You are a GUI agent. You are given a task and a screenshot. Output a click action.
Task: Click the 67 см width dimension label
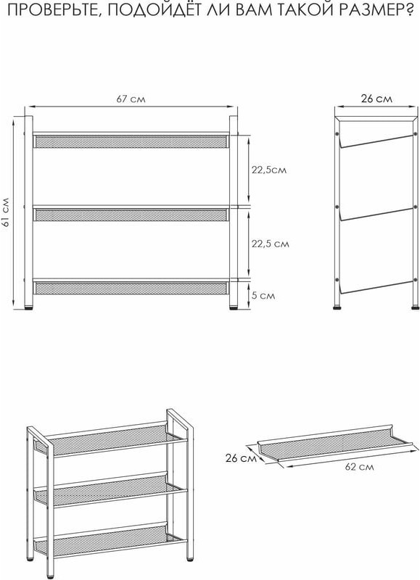pos(131,99)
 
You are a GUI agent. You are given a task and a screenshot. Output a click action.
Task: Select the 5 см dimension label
pos(263,296)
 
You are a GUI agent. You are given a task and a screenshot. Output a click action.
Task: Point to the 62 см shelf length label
pos(359,467)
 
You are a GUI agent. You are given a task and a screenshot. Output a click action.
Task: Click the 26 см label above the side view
pos(376,99)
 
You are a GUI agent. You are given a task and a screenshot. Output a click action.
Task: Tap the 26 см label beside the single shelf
pos(241,458)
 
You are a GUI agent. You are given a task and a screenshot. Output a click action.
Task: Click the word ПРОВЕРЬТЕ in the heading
pos(52,9)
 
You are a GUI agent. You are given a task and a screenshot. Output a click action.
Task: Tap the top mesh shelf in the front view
pos(130,141)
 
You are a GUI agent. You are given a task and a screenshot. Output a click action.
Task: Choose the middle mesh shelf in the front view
pos(130,215)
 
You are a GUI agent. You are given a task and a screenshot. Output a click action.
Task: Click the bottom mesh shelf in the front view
pos(130,288)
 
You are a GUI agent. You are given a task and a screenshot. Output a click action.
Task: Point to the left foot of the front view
pos(29,307)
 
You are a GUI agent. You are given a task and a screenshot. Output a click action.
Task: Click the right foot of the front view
pos(234,307)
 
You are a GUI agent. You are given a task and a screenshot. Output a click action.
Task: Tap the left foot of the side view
pos(337,307)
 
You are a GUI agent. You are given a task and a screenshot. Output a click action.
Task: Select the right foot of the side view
pos(416,307)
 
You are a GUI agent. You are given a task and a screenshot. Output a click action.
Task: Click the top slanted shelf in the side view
pos(376,142)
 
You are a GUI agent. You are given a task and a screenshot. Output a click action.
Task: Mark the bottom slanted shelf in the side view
pos(376,288)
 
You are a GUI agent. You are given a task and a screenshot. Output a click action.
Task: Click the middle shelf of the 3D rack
pos(111,490)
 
